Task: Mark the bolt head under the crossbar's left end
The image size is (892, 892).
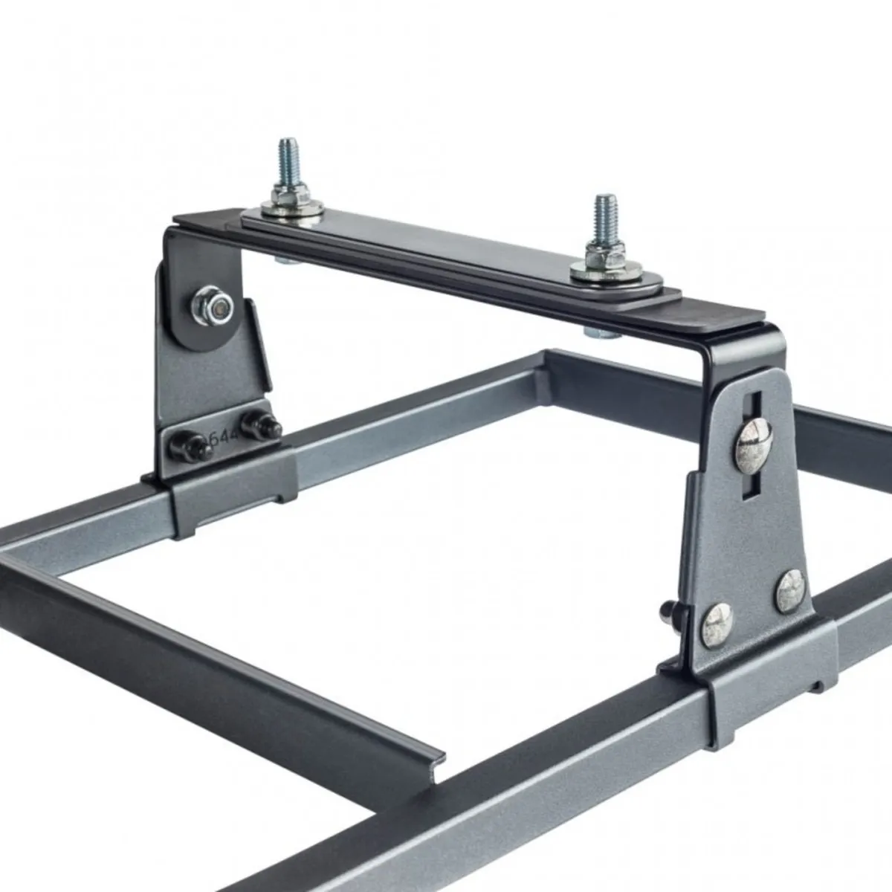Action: click(284, 261)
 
